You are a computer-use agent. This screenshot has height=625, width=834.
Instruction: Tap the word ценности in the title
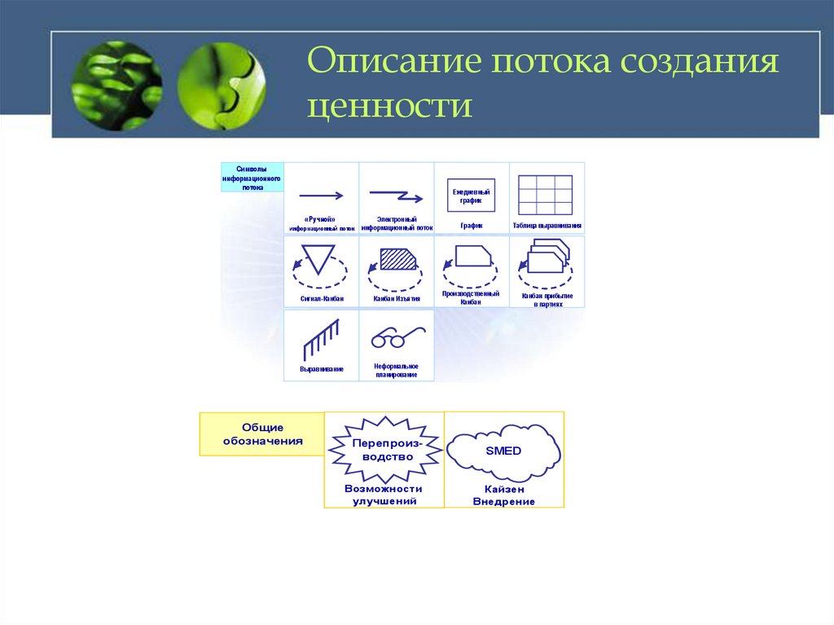[390, 107]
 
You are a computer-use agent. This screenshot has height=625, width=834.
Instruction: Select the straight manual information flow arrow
[322, 196]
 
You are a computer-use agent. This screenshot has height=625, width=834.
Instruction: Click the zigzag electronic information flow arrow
[396, 196]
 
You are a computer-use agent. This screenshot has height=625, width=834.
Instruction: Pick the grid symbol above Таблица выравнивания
[546, 195]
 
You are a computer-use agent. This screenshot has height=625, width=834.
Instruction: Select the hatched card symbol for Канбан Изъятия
[397, 259]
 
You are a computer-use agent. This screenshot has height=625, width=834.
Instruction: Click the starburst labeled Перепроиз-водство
[383, 450]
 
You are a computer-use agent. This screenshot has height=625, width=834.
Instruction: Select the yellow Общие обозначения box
[262, 434]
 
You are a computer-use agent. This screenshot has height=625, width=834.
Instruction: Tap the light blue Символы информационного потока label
[252, 177]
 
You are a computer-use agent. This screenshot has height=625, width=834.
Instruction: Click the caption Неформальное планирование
[397, 371]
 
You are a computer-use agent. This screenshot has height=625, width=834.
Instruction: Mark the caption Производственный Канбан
[471, 297]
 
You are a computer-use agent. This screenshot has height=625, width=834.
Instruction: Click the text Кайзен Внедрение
[503, 495]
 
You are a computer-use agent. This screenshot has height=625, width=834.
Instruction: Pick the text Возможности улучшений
[384, 495]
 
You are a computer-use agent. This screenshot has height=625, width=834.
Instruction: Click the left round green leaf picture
[116, 86]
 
